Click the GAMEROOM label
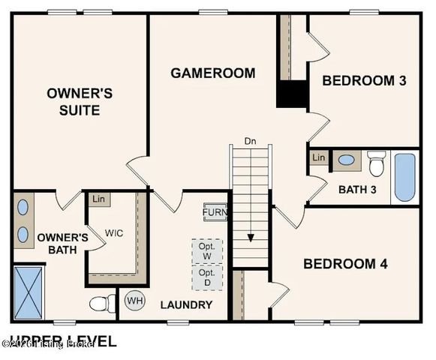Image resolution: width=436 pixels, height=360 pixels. click(212, 73)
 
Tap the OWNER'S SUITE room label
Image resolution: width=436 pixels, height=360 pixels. click(80, 102)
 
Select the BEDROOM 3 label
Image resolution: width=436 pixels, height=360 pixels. click(364, 80)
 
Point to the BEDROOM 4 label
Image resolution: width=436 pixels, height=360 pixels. click(349, 263)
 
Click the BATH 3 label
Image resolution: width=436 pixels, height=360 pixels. click(357, 189)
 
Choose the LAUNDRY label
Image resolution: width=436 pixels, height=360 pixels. click(186, 304)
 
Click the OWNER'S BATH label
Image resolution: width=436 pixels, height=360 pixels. click(62, 244)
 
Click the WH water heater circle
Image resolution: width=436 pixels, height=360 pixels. click(134, 301)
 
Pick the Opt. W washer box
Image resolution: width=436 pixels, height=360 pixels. click(206, 251)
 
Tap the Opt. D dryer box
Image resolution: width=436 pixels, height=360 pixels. click(206, 277)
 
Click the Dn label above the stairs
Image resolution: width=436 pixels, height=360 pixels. click(250, 141)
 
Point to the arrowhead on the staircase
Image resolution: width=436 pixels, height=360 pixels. click(251, 238)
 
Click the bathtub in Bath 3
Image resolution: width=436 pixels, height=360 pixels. click(404, 178)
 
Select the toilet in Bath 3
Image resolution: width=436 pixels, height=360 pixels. click(376, 163)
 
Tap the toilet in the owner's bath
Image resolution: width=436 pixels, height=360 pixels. click(101, 304)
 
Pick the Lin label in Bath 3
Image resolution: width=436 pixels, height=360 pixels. click(319, 157)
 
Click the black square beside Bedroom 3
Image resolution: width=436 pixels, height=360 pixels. click(293, 94)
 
